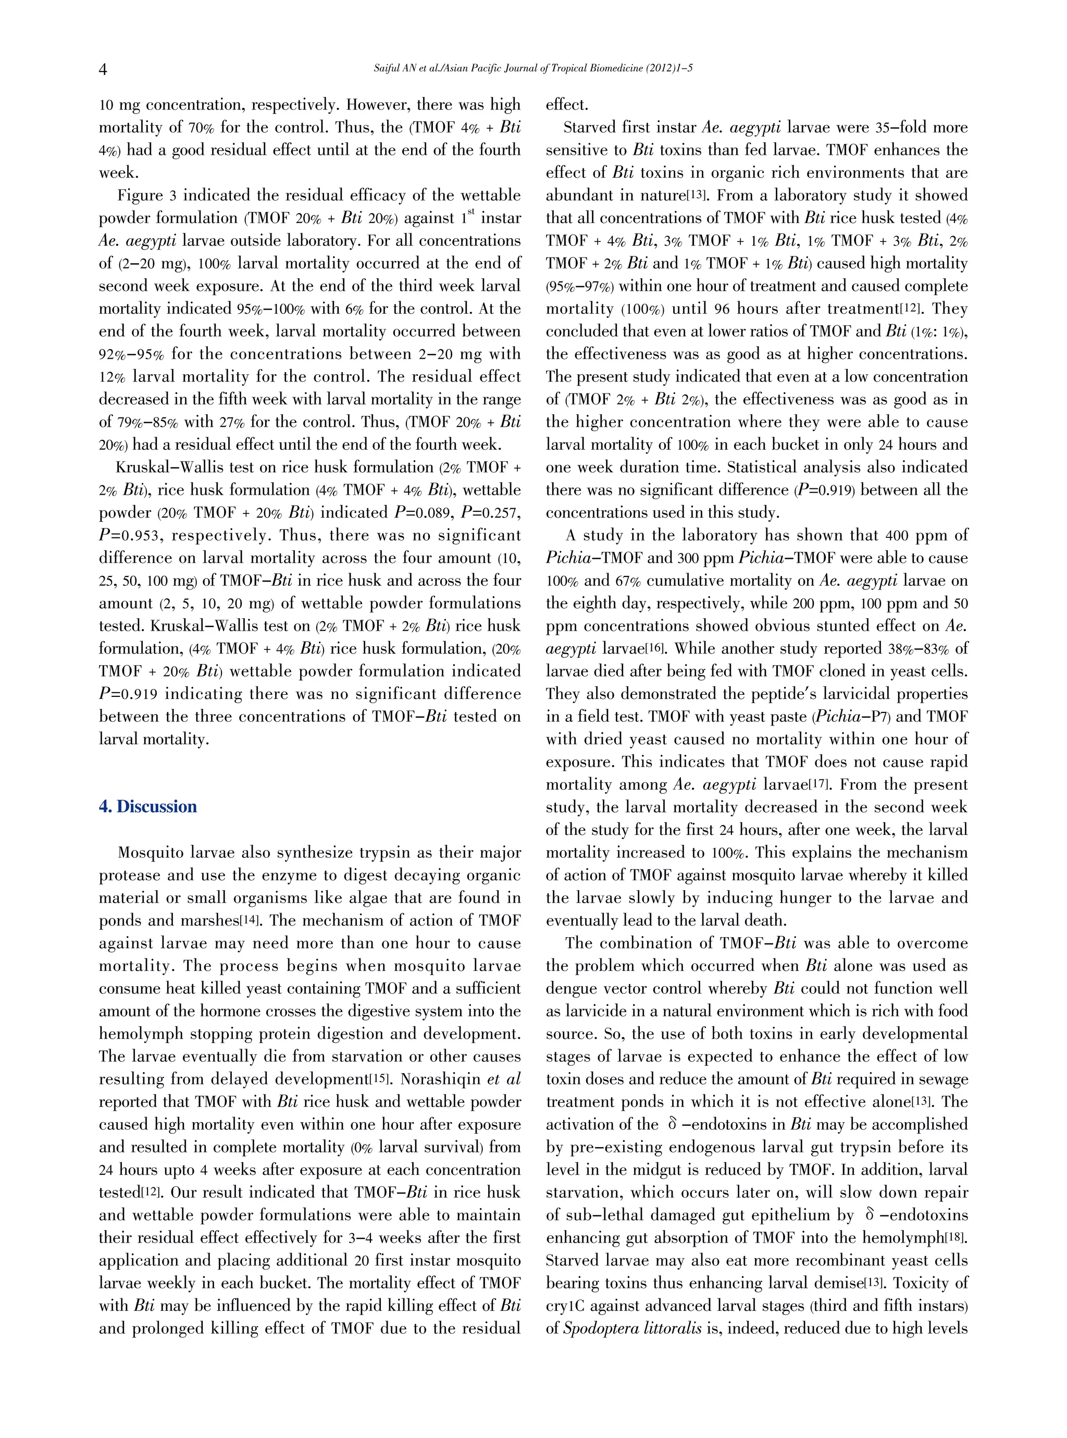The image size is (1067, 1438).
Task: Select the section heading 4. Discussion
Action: point(148,807)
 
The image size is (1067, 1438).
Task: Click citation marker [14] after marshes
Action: point(248,920)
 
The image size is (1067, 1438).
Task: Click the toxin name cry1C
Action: point(566,1306)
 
